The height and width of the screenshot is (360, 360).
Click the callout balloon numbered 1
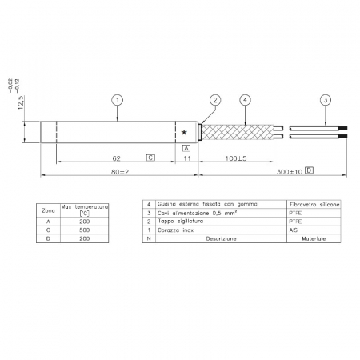(x=117, y=100)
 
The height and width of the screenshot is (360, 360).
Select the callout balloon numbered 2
(x=214, y=100)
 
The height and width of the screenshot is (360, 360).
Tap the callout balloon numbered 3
(x=325, y=100)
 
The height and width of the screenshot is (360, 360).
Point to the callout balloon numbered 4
(x=246, y=100)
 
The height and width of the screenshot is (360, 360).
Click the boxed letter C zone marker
(x=150, y=158)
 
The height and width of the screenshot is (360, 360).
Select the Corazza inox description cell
(x=177, y=230)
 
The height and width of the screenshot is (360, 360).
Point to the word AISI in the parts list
(x=293, y=230)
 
